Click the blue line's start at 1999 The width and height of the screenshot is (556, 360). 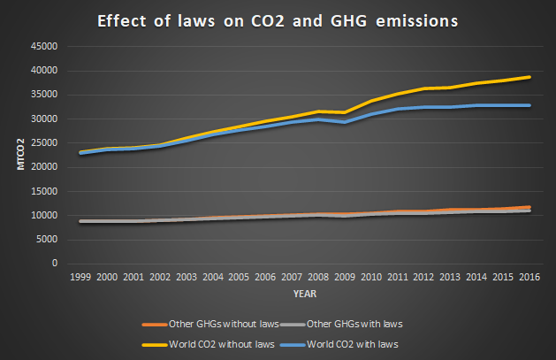(80, 154)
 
